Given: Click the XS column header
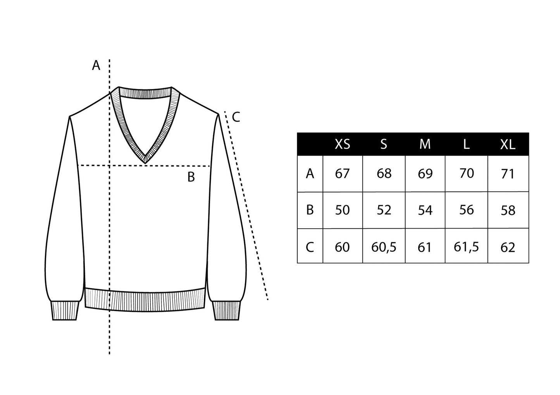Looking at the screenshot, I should [342, 144].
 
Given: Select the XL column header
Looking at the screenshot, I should [508, 144].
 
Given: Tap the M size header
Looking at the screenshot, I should [425, 144].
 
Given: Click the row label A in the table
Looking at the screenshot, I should [310, 174].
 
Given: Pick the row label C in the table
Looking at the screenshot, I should [310, 246].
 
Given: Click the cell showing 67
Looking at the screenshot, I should [342, 174].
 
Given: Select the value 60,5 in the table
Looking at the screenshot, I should [384, 246].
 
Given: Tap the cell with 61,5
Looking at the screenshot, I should [466, 246].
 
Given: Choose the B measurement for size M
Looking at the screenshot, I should [425, 210].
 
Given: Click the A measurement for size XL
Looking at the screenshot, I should [508, 174].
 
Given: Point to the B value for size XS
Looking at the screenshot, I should [342, 210].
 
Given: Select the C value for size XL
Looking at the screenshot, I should [508, 246].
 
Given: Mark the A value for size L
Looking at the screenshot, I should [466, 174].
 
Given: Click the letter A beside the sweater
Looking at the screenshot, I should [96, 66].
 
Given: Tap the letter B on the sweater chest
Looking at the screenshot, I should [191, 177].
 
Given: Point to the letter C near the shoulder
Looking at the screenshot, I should [236, 116].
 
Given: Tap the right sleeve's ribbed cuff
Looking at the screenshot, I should [227, 310].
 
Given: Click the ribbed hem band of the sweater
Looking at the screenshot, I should [145, 300].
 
